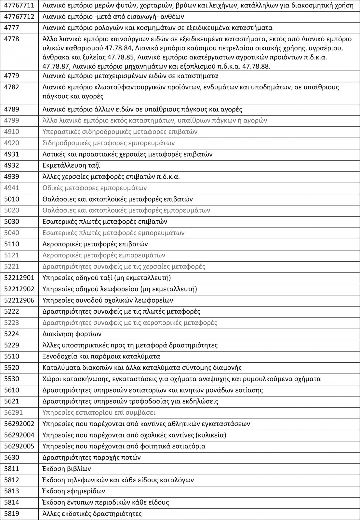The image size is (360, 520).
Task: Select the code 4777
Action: (11, 28)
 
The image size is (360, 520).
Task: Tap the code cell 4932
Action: (11, 165)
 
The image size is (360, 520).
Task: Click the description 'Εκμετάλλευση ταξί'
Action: (71, 165)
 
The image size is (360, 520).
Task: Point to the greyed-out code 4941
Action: (11, 188)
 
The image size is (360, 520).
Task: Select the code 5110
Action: (11, 244)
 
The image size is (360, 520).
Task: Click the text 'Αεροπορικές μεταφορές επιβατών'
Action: (95, 244)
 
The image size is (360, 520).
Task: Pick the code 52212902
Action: (19, 289)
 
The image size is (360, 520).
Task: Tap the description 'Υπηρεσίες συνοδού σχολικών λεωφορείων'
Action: (108, 300)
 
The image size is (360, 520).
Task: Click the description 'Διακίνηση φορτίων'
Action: (72, 334)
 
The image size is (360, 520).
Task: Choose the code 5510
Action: (11, 356)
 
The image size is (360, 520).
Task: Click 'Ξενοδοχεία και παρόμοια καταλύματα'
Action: (101, 356)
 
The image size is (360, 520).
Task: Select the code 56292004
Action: (19, 435)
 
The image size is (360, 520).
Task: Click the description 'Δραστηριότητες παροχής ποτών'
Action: (91, 458)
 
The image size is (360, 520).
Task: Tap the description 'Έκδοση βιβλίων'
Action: (67, 469)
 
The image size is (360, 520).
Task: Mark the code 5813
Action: (11, 491)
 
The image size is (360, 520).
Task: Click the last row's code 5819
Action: (11, 514)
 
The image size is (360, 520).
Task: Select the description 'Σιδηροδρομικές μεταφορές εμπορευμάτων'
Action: (109, 143)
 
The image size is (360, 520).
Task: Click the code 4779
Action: (11, 76)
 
